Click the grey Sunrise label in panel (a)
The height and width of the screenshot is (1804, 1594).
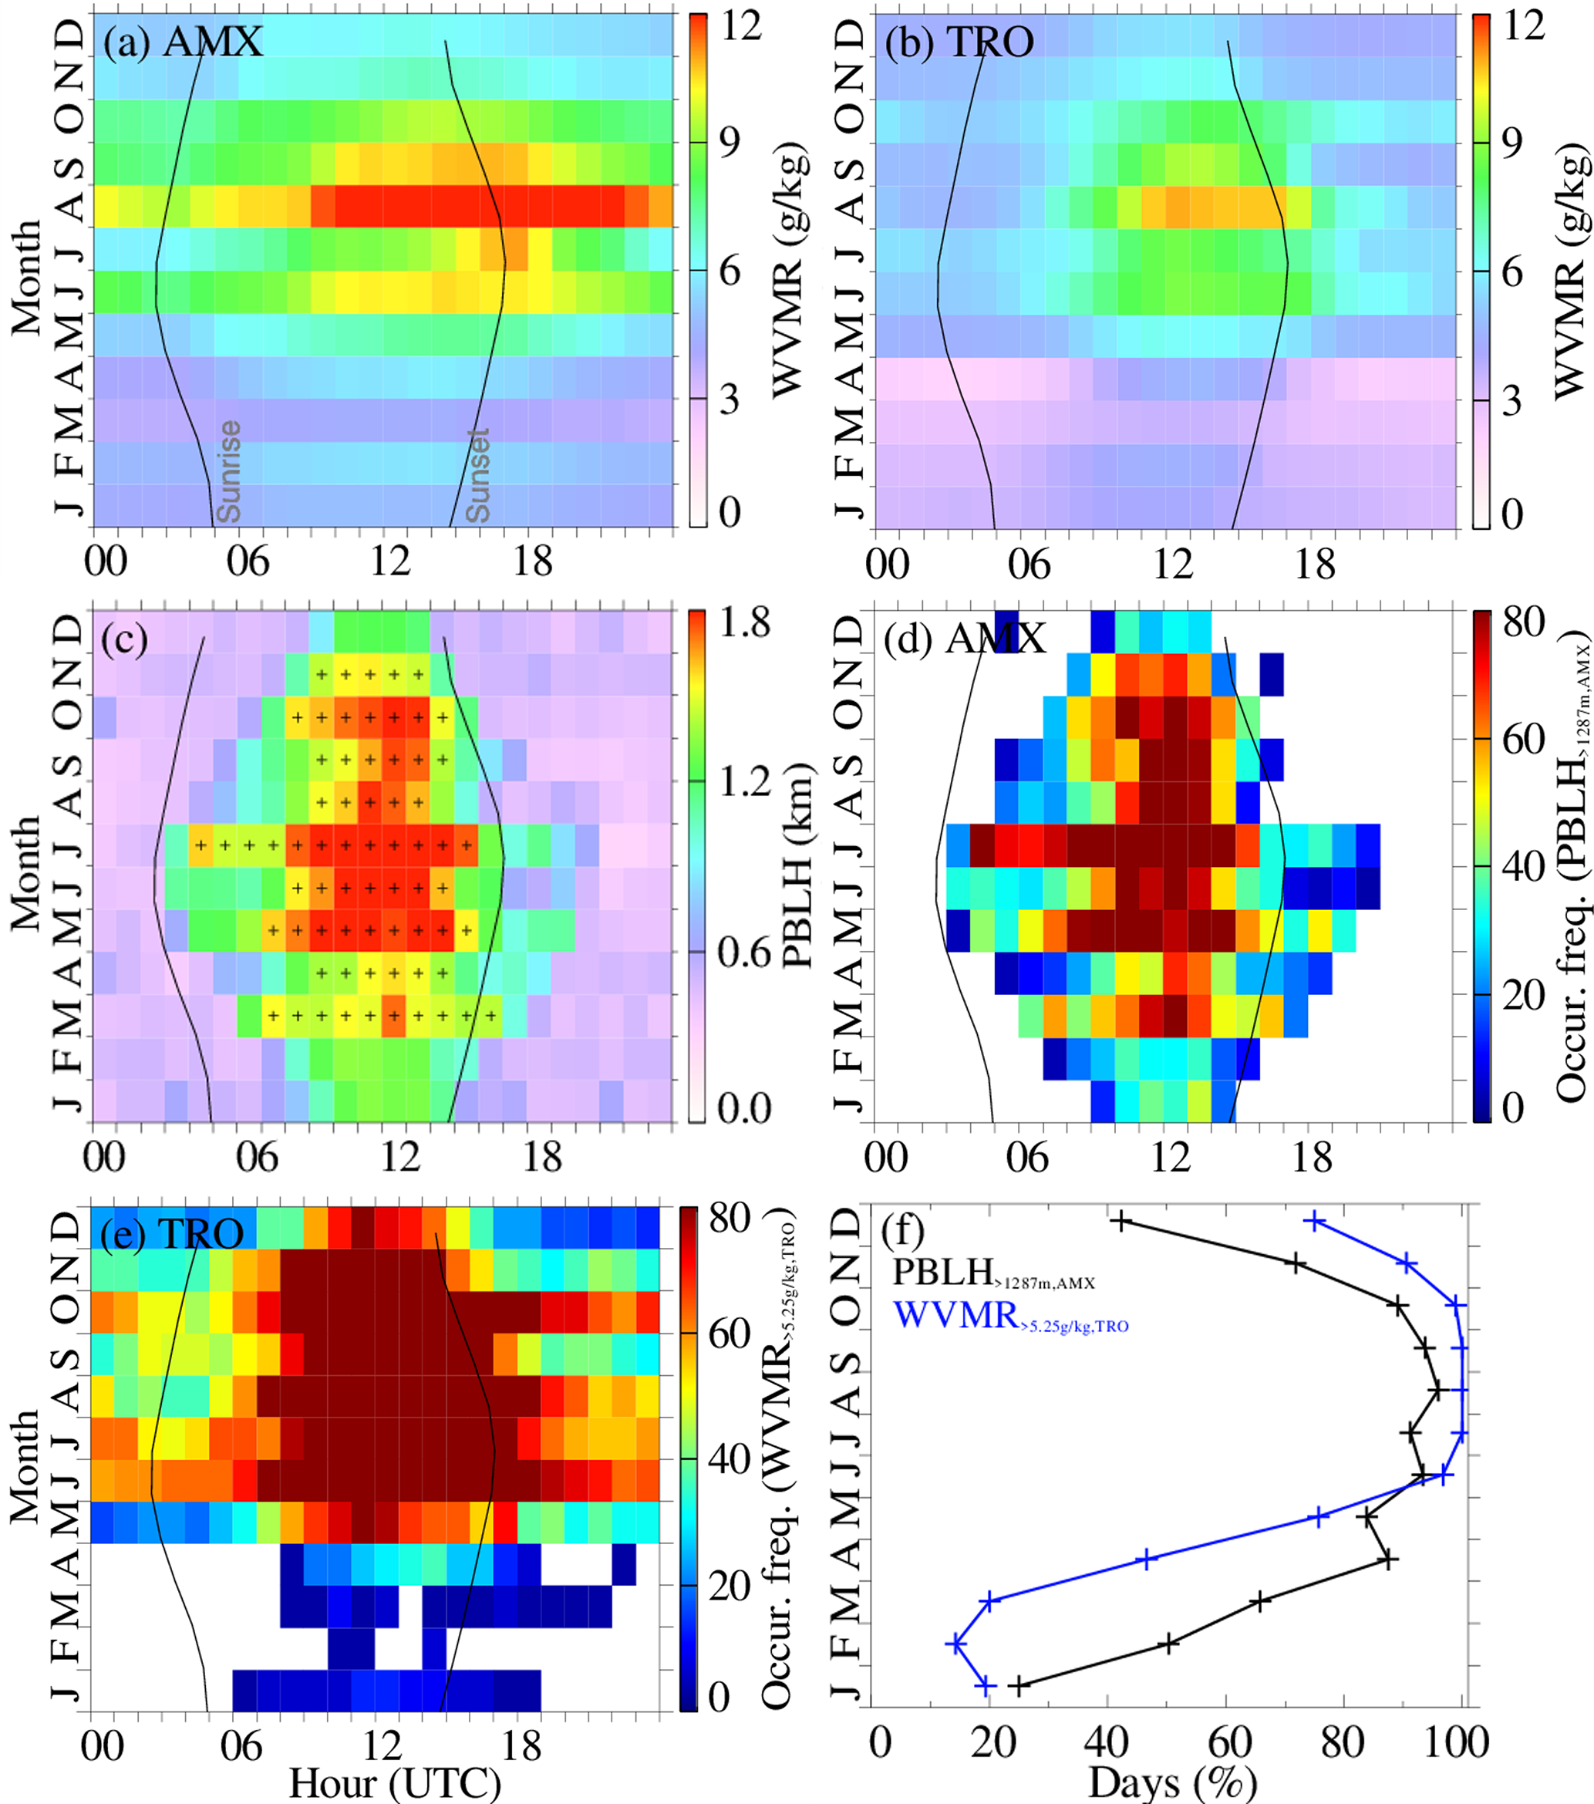coord(228,471)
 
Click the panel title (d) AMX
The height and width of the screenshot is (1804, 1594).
coord(965,638)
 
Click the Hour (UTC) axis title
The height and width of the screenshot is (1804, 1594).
coord(395,1783)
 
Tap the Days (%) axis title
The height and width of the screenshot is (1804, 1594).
coord(1171,1783)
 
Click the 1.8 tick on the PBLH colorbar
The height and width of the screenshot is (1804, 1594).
coord(744,623)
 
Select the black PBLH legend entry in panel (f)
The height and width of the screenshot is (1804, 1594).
coord(993,1273)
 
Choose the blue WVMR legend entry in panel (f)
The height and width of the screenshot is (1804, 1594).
coord(1010,1316)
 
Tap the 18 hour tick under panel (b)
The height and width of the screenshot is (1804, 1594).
coord(1314,563)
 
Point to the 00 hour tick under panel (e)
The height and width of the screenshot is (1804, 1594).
coord(103,1745)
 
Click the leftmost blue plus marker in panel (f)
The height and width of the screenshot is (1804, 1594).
coord(955,1644)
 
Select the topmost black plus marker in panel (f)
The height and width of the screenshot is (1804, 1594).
coord(1120,1222)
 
